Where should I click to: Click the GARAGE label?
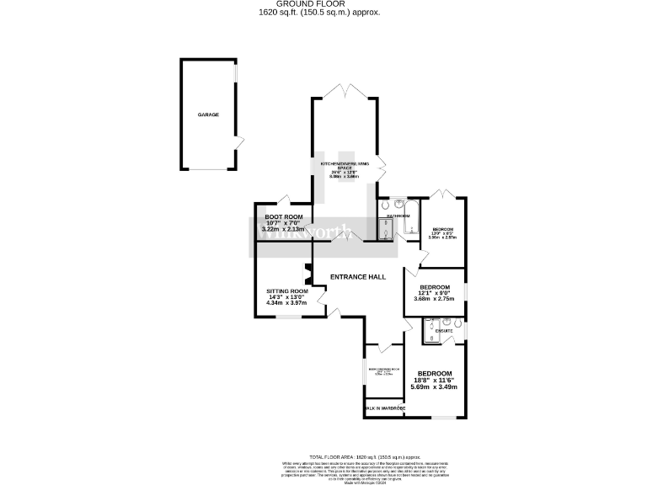coord(209,115)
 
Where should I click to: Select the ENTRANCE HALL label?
coord(358,275)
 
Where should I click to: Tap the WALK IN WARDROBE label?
coord(385,408)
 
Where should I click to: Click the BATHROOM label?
coord(398,216)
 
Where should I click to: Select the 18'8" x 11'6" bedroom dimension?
coord(435,381)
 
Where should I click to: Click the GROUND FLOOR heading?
coord(323,4)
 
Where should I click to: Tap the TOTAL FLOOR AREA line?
coord(323,453)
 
